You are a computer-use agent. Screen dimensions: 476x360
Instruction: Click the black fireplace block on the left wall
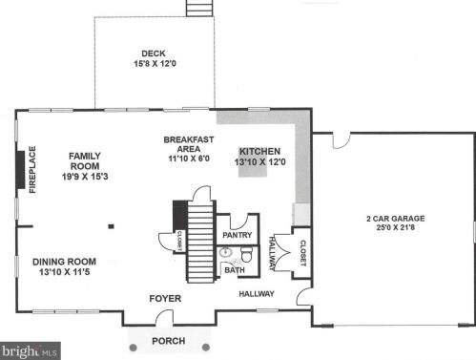(21, 170)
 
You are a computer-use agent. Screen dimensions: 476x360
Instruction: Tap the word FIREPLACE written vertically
(32, 170)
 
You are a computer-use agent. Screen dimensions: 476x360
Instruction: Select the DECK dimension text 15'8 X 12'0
(155, 64)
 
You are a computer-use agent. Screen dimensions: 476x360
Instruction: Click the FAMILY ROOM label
(85, 161)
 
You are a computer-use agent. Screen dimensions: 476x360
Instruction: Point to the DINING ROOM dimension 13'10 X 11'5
(65, 272)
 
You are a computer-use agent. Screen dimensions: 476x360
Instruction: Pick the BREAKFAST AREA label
(189, 144)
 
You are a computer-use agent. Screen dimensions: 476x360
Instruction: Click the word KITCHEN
(259, 152)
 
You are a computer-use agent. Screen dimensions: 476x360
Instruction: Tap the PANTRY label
(238, 235)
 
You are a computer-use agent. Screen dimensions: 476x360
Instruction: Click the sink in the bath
(226, 252)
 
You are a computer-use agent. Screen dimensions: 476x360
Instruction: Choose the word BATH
(235, 270)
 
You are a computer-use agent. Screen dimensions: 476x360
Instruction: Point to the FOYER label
(165, 299)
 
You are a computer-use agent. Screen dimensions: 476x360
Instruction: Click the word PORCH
(169, 341)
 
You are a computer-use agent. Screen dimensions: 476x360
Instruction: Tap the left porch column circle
(134, 348)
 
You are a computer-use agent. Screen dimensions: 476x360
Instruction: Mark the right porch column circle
(206, 347)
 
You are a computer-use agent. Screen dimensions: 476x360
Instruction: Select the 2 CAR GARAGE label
(396, 219)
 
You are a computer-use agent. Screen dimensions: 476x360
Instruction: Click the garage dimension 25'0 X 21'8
(396, 227)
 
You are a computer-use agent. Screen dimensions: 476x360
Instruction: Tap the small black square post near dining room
(112, 226)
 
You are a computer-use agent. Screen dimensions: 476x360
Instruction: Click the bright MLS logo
(31, 351)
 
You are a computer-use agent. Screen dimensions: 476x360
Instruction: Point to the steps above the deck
(199, 8)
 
